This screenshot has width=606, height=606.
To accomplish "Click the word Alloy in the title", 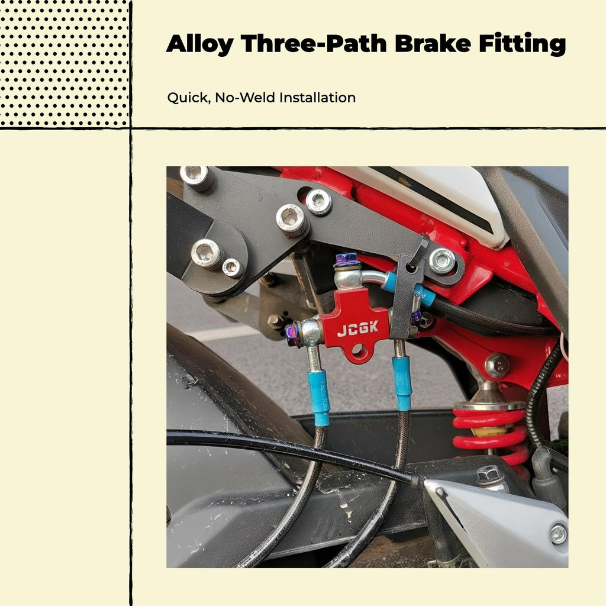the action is (x=199, y=44).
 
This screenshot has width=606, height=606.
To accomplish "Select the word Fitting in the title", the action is (x=522, y=44).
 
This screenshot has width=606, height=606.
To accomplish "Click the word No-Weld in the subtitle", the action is (x=245, y=98).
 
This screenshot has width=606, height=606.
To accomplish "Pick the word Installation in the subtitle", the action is (x=317, y=98).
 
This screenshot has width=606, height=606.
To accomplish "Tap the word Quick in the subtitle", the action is (x=189, y=98).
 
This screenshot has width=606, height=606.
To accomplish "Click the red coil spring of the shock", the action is (x=491, y=433).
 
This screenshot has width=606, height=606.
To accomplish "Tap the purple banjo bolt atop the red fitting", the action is (x=347, y=260).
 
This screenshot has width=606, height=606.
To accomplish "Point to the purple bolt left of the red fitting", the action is (x=292, y=335).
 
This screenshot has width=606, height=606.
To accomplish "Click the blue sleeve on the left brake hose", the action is (x=319, y=398).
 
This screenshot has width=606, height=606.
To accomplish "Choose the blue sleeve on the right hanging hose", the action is (x=402, y=383).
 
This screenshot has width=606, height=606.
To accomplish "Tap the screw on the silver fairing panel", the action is (x=558, y=534).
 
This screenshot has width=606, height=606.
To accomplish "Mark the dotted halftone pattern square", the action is (x=64, y=63).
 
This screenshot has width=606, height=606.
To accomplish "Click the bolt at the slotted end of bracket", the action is (x=441, y=261).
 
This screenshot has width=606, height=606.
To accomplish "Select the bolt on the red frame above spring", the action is (x=497, y=365).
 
